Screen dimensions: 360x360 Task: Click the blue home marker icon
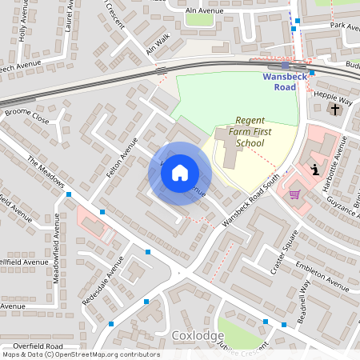tap(180, 173)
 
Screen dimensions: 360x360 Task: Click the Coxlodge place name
tap(196, 335)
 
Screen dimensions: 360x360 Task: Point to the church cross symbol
tap(334, 108)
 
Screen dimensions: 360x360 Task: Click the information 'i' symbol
tap(316, 169)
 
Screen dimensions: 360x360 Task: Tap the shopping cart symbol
tap(294, 194)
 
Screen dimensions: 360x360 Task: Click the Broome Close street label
tap(26, 117)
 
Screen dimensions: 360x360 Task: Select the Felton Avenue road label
tap(117, 156)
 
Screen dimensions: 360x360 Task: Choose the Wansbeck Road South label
tap(251, 199)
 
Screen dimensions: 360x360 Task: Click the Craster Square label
tap(283, 253)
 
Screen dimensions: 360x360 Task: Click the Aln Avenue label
tap(204, 11)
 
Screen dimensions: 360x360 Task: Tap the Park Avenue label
tap(344, 26)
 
